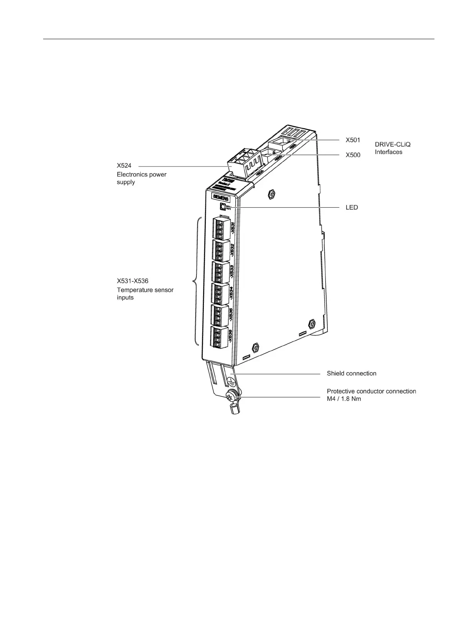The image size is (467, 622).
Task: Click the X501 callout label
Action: [x=353, y=140]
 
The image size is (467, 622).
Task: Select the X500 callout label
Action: [x=353, y=155]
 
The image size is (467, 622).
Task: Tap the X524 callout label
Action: [x=124, y=166]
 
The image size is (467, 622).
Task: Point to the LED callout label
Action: [x=351, y=207]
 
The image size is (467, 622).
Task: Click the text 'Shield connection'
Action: [x=351, y=374]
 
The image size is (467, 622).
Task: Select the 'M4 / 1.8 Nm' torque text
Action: [x=343, y=399]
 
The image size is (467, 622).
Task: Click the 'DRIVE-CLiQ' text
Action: [x=392, y=145]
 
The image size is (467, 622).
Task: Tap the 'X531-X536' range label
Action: [x=133, y=281]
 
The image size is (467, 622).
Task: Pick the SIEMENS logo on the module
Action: [x=220, y=197]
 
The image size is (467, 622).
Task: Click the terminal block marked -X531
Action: [x=221, y=228]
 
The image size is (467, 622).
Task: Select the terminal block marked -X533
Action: [x=221, y=273]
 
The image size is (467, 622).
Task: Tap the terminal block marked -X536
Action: [x=220, y=337]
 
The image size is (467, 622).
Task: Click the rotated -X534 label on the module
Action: [x=231, y=293]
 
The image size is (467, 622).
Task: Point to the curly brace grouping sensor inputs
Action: [x=196, y=281]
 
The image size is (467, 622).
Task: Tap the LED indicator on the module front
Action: [x=222, y=207]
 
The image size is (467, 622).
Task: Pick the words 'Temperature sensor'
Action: [x=145, y=290]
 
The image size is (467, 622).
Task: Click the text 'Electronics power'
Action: [x=142, y=174]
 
